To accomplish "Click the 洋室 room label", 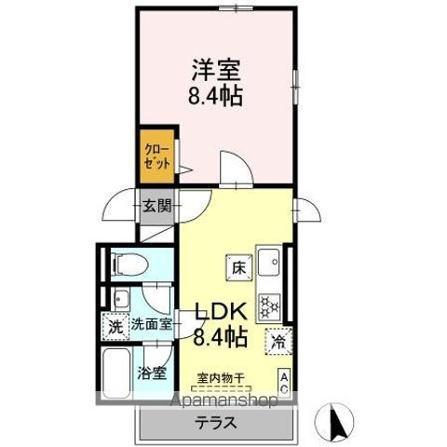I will click(218, 68).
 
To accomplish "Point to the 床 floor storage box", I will click(238, 267).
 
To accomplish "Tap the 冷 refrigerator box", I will click(277, 341).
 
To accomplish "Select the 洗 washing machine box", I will click(114, 328).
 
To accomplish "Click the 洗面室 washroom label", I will click(151, 326).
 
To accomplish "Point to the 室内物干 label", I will click(221, 378).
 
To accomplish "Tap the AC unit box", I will click(285, 381).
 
